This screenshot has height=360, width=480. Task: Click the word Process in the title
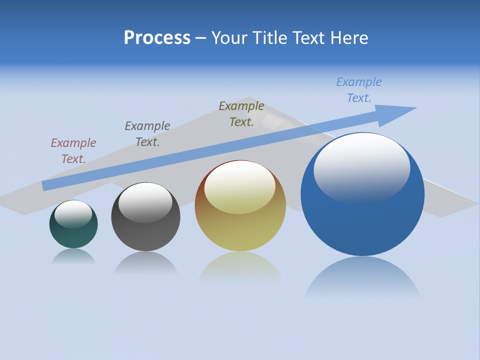point(157,38)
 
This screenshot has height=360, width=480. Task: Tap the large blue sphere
point(362,220)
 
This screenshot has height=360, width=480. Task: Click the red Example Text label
point(73,151)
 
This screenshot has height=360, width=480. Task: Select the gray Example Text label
point(147,134)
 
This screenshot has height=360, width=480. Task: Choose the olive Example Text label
point(241,114)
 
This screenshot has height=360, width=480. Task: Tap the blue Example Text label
point(359,90)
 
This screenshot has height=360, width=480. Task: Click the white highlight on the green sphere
point(73,213)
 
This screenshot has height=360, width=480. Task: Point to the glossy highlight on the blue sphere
point(361,167)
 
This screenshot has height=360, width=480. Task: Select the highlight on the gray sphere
point(145,202)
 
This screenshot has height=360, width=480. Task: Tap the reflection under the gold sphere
point(240,267)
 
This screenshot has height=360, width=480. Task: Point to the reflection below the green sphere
point(73,256)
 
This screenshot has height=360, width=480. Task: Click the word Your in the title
point(229,38)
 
